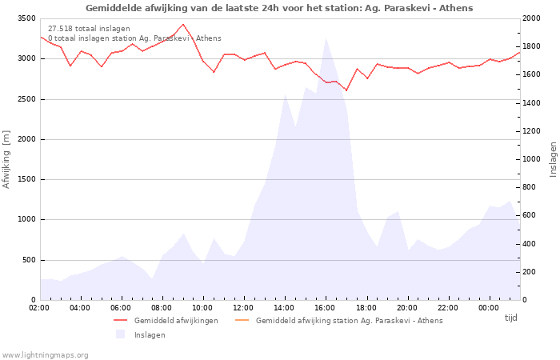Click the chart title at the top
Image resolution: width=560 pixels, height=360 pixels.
pyautogui.click(x=279, y=8)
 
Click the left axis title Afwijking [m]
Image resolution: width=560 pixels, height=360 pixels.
pyautogui.click(x=7, y=159)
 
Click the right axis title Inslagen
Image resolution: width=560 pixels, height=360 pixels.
pyautogui.click(x=553, y=159)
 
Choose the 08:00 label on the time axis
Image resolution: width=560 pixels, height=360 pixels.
pyautogui.click(x=162, y=308)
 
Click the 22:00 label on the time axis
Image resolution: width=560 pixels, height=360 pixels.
pyautogui.click(x=448, y=308)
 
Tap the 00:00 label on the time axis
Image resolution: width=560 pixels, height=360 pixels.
pyautogui.click(x=489, y=308)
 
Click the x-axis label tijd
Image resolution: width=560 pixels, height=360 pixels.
pyautogui.click(x=510, y=318)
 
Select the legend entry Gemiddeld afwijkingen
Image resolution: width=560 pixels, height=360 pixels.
pyautogui.click(x=175, y=321)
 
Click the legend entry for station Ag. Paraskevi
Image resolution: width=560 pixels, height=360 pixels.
pyautogui.click(x=349, y=321)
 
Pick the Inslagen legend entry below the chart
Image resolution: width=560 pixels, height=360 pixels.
pyautogui.click(x=150, y=335)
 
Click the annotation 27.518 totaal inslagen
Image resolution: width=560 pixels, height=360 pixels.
pyautogui.click(x=89, y=29)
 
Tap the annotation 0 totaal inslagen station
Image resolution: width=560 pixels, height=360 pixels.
pyautogui.click(x=134, y=38)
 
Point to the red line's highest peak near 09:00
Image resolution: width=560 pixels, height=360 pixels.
pyautogui.click(x=183, y=24)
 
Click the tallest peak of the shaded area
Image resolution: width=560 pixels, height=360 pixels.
pyautogui.click(x=326, y=38)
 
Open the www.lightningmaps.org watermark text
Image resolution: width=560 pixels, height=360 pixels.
pyautogui.click(x=46, y=355)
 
